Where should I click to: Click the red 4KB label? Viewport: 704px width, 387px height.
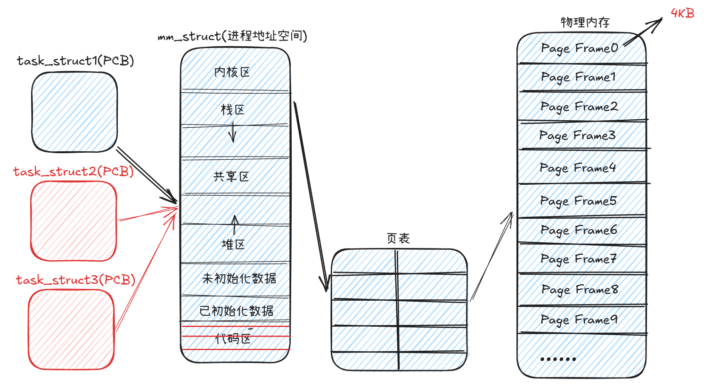coord(682,13)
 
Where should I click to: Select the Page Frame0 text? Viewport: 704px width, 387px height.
coord(579,49)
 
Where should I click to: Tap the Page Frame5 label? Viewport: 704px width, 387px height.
coord(578,201)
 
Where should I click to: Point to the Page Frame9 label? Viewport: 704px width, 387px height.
coord(579,320)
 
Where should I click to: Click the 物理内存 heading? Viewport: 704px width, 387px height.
coord(585,22)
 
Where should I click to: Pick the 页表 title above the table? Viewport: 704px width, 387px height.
coord(398,239)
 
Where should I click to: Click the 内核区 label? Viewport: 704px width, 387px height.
coord(232,72)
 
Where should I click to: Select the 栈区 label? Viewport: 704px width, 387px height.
coord(233,110)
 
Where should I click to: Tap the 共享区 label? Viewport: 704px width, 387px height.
coord(231,177)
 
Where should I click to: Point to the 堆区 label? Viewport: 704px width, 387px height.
coord(233,244)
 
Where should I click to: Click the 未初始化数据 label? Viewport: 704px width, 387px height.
coord(239,279)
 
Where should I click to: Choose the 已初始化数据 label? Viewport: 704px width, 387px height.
coord(236,311)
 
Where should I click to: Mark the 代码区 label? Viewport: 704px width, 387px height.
coord(233,338)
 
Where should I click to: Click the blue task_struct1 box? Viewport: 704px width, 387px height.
coord(74,112)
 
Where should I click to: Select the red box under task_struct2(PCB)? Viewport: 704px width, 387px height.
coord(74,221)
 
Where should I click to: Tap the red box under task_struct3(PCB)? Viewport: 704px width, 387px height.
coord(71,329)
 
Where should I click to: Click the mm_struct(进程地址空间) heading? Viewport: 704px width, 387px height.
coord(232,36)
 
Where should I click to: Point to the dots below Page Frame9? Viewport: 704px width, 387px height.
coord(558,359)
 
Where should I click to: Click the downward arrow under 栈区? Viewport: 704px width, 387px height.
coord(232,132)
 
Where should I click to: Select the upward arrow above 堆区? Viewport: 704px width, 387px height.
coord(235,225)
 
